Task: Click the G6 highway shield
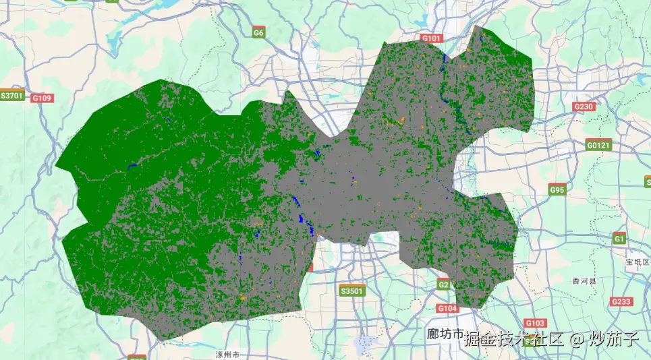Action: point(258,32)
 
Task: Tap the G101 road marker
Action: point(431,38)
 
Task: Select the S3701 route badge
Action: point(12,96)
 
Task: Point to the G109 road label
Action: point(42,98)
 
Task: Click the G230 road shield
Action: point(583,107)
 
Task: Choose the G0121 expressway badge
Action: point(598,145)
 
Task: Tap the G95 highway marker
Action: point(557,190)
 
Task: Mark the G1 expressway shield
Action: point(619,239)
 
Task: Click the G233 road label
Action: point(621,301)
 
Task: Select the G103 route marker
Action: point(534,323)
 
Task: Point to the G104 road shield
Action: point(447,308)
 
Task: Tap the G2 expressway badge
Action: point(443,285)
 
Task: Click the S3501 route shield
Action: point(351,291)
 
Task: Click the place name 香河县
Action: point(584,280)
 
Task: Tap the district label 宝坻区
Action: point(637,262)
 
